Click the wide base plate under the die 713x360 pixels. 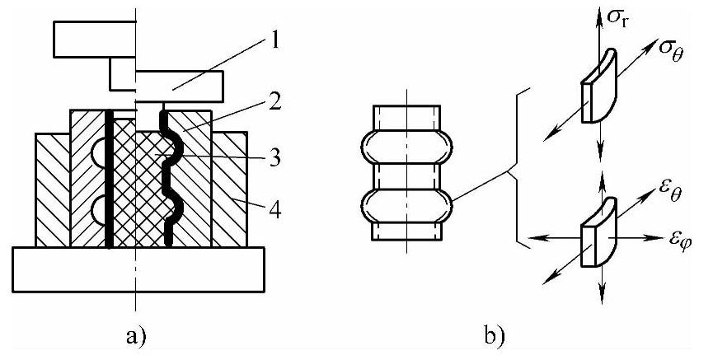coord(138,269)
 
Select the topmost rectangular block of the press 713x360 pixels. coord(92,38)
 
